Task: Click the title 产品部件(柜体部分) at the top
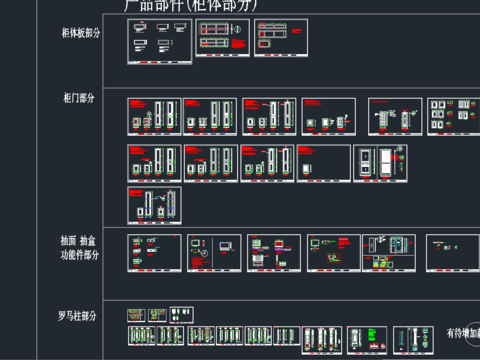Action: [190, 6]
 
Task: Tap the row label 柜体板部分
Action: [80, 33]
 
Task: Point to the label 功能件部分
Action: [80, 255]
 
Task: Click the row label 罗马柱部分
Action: [78, 316]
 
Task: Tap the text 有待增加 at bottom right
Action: [462, 333]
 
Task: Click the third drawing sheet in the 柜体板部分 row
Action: [281, 39]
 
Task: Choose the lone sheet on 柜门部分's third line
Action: [154, 205]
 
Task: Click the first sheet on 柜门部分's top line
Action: [154, 116]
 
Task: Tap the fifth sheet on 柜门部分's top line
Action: [393, 116]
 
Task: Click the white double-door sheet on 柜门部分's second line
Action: [380, 163]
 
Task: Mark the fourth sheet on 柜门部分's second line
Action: [324, 163]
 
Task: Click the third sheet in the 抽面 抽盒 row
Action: [274, 253]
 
